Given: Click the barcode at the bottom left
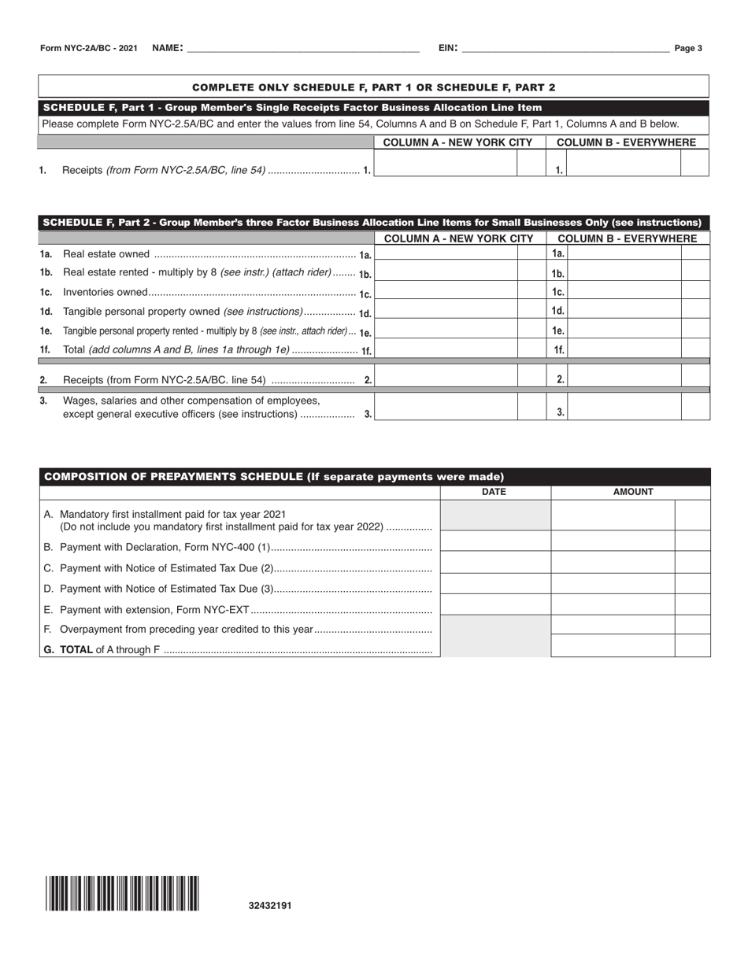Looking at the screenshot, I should pyautogui.click(x=122, y=893).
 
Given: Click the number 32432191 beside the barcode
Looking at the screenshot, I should pyautogui.click(x=270, y=906).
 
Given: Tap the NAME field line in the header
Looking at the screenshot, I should pyautogui.click(x=303, y=49).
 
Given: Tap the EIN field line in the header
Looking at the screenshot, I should pyautogui.click(x=565, y=49).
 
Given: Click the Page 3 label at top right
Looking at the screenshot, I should pyautogui.click(x=688, y=49).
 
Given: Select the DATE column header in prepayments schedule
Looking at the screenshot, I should pyautogui.click(x=494, y=492).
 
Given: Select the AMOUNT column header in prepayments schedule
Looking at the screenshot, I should pyautogui.click(x=633, y=492).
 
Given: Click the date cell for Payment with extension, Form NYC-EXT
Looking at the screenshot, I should pyautogui.click(x=495, y=604).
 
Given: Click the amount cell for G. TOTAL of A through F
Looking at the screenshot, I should pyautogui.click(x=613, y=645).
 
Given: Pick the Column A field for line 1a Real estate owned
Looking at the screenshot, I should pyautogui.click(x=446, y=253).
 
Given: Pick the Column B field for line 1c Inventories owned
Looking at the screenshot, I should pyautogui.click(x=624, y=291).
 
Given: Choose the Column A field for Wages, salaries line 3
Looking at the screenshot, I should pyautogui.click(x=446, y=406).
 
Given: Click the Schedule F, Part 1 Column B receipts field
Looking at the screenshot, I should pyautogui.click(x=624, y=163).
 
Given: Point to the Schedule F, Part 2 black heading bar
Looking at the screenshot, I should pyautogui.click(x=374, y=223).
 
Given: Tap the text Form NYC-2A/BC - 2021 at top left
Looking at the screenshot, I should pyautogui.click(x=89, y=49).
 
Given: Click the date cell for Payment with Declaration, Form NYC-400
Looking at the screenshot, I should pyautogui.click(x=495, y=541).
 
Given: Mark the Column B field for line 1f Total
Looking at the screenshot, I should pyautogui.click(x=624, y=349).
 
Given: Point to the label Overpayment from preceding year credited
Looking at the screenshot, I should pyautogui.click(x=187, y=630).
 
